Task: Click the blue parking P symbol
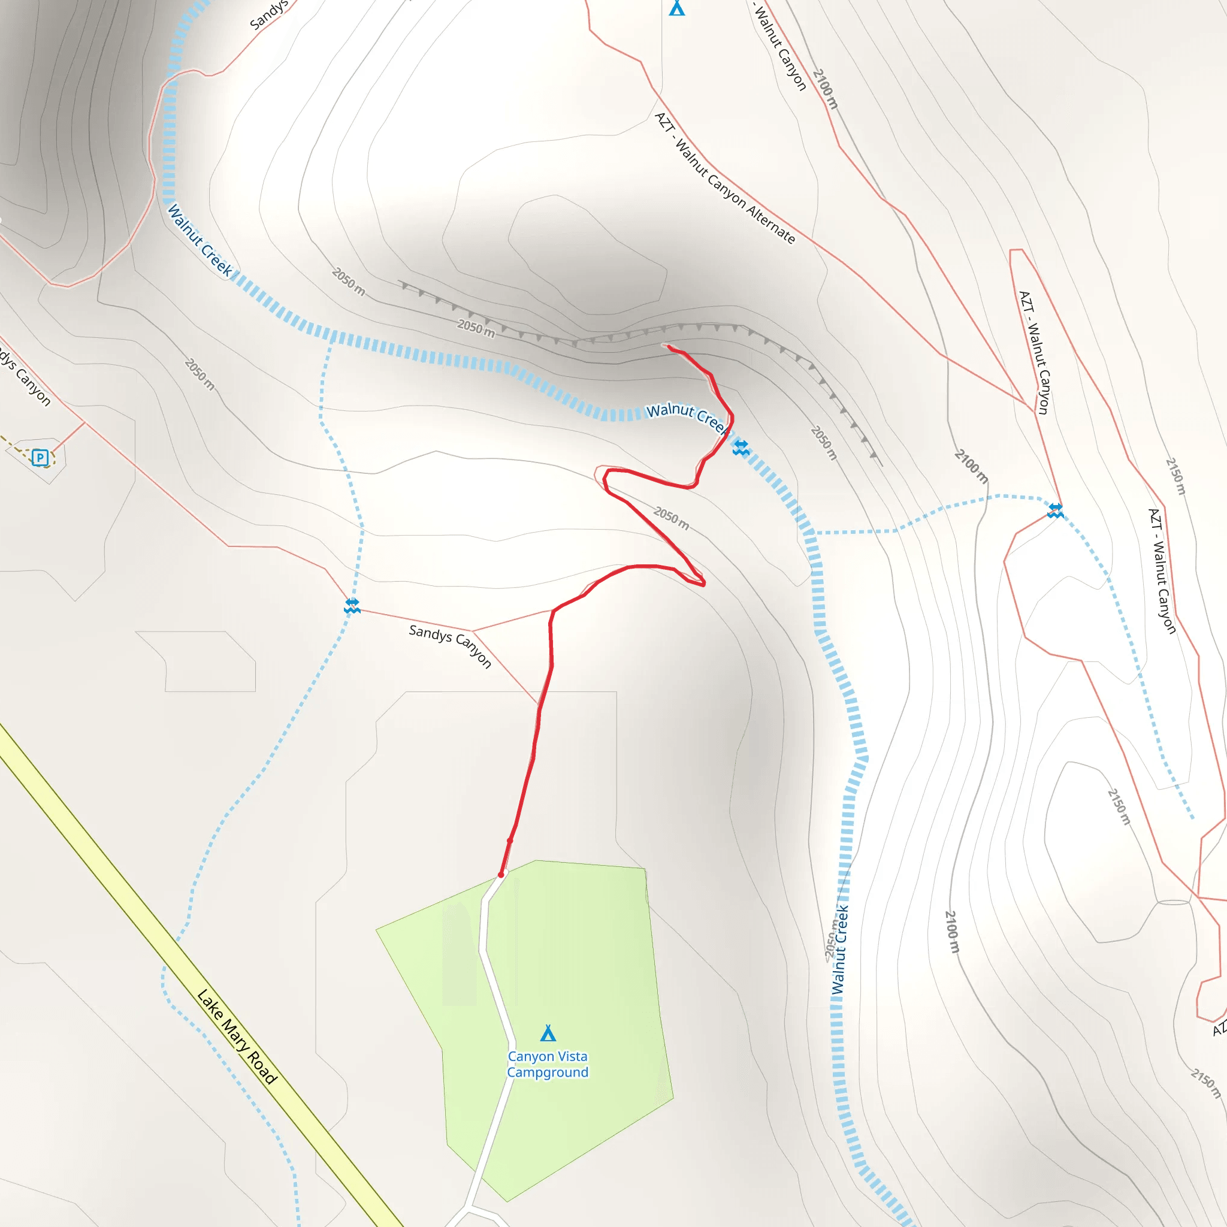[x=40, y=457]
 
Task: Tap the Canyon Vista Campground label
[x=548, y=1064]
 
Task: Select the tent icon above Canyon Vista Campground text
[x=548, y=1033]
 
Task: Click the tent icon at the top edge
[x=677, y=8]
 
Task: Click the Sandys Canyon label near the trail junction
[x=451, y=645]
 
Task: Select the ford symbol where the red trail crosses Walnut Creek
[x=741, y=448]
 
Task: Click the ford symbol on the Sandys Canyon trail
[x=352, y=605]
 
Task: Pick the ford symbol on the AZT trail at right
[x=1056, y=510]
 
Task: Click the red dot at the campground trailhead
[x=501, y=875]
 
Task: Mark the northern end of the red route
[x=669, y=347]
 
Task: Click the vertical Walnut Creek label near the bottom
[x=839, y=950]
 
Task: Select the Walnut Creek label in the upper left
[x=200, y=240]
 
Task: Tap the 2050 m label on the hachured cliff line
[x=476, y=328]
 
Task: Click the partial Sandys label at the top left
[x=268, y=15]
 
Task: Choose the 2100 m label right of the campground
[x=952, y=932]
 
